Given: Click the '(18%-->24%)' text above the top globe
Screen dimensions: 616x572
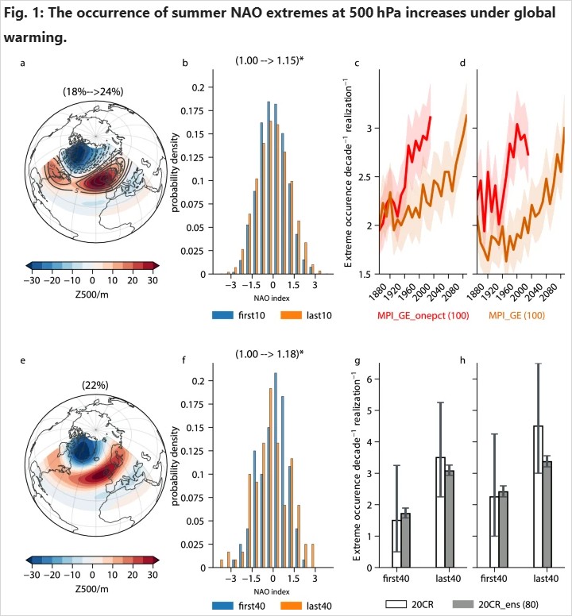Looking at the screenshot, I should [92, 91].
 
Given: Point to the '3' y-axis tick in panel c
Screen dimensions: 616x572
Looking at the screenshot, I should [368, 128].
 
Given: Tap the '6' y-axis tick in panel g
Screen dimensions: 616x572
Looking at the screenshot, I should [368, 379].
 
